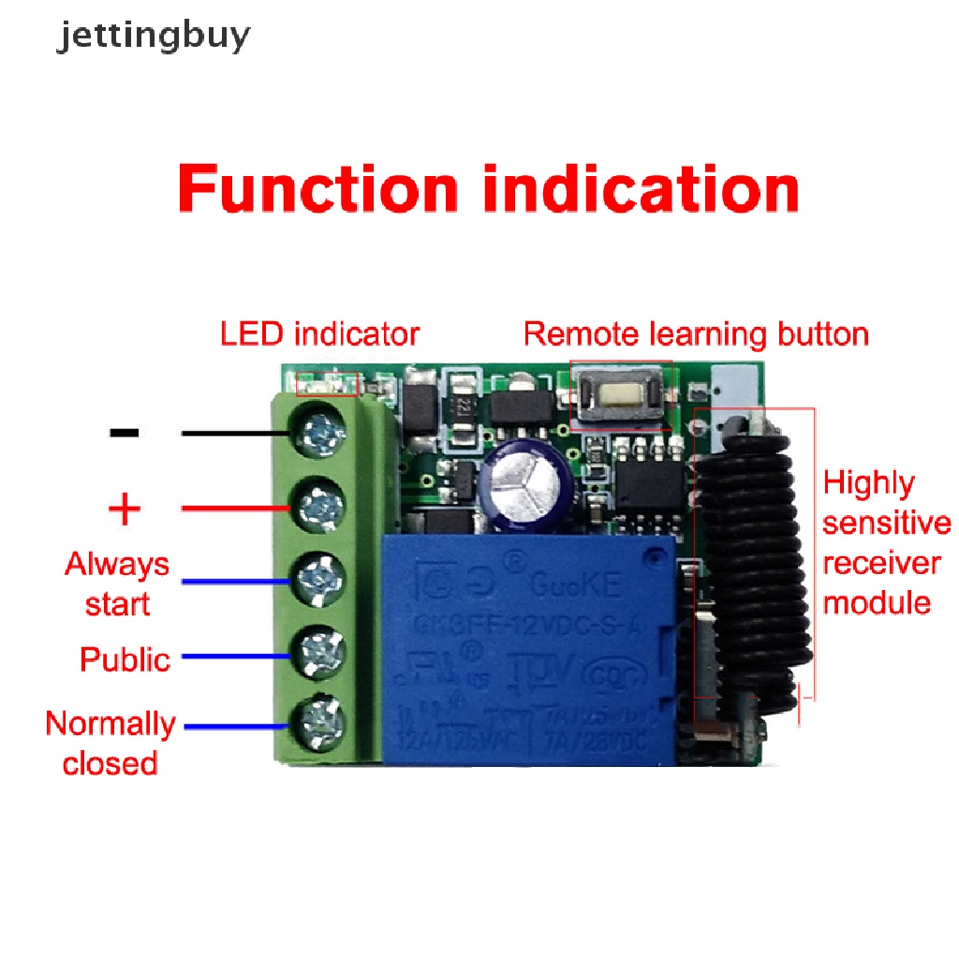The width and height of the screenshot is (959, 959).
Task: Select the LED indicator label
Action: coord(319,334)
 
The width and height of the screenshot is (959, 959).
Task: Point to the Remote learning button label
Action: coord(696,334)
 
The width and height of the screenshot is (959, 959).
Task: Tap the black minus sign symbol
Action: coord(125,433)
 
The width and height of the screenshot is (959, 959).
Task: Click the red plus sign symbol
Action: coord(125,510)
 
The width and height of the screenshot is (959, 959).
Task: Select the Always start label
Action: coord(117,583)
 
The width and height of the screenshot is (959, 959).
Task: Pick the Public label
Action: coord(125,659)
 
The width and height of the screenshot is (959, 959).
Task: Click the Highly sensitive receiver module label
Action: coord(884,542)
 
